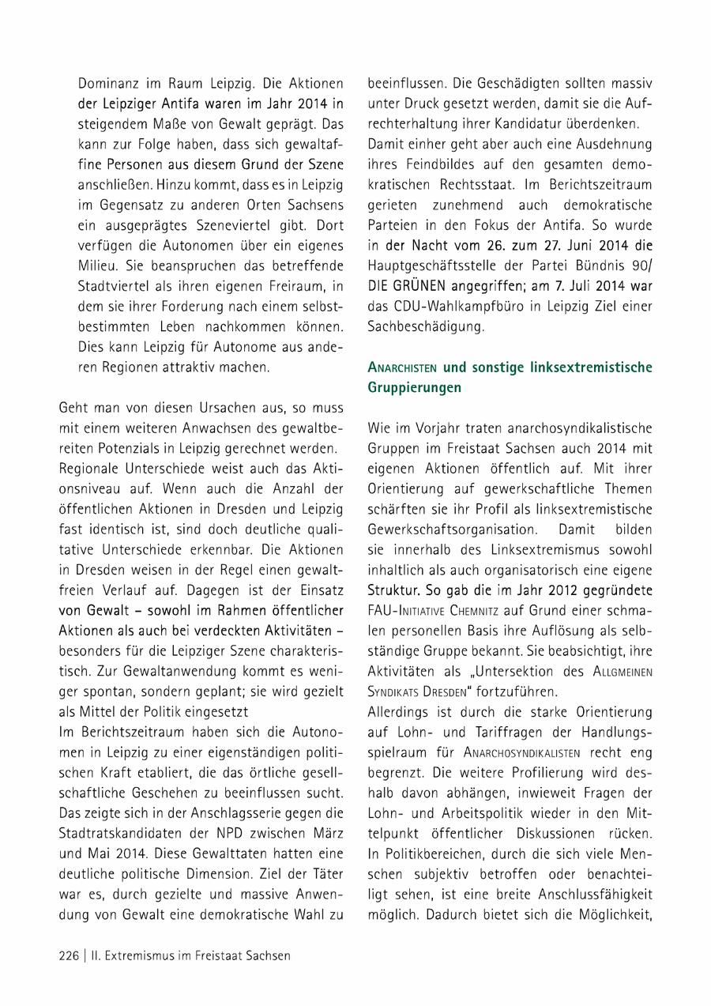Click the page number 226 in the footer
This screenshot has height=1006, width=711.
tap(69, 955)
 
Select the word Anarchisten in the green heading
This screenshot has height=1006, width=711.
tap(403, 367)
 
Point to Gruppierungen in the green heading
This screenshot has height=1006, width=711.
tap(415, 388)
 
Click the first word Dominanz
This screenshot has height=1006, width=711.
tap(110, 83)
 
